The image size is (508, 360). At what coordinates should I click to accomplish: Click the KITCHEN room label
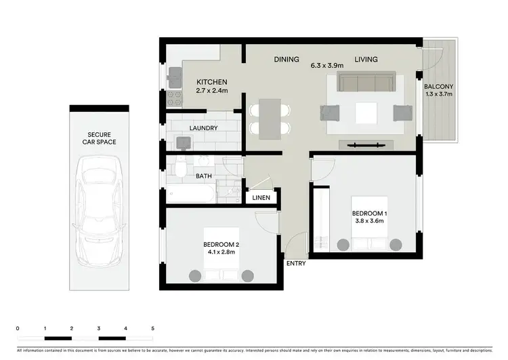[211, 82]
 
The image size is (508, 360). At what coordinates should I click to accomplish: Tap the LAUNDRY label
[203, 128]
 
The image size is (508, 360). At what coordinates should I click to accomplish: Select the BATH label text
[204, 176]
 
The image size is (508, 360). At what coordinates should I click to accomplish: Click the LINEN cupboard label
[261, 198]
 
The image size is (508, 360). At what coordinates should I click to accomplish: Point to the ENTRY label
[296, 263]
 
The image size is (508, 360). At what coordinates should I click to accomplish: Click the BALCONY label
[439, 87]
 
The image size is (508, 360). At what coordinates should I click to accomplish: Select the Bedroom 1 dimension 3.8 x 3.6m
[368, 220]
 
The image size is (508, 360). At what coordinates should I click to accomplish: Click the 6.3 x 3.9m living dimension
[327, 66]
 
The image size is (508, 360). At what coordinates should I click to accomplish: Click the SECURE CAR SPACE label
[97, 138]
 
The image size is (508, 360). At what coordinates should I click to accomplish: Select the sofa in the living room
[366, 83]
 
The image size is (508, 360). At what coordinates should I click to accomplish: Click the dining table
[270, 119]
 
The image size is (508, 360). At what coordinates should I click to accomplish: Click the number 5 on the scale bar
[153, 328]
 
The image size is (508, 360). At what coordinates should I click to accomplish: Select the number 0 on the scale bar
[18, 328]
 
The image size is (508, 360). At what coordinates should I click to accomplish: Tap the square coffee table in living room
[366, 113]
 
